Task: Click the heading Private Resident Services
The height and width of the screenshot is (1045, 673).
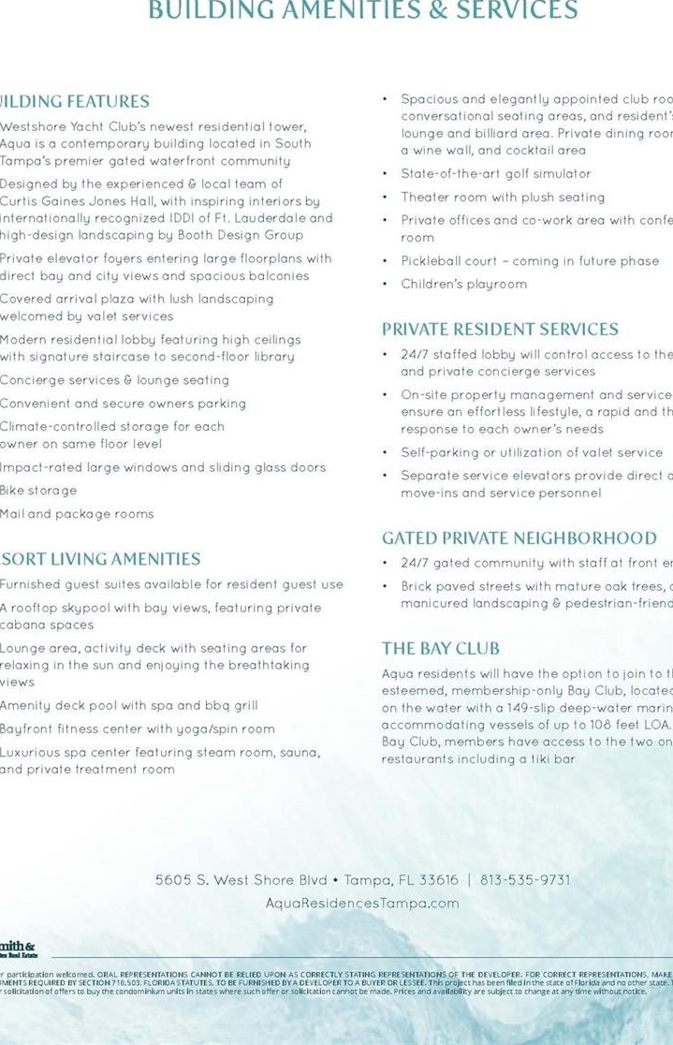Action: (500, 330)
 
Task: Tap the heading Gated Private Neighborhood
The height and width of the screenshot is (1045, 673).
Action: (519, 538)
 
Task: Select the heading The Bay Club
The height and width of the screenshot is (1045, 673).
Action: (440, 648)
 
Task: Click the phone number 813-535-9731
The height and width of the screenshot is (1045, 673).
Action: (524, 880)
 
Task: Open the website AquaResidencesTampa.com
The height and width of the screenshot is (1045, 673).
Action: (362, 904)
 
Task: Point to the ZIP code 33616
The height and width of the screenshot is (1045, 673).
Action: (438, 880)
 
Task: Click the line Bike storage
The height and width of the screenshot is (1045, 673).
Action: (38, 491)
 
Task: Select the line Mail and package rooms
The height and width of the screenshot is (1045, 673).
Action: (77, 514)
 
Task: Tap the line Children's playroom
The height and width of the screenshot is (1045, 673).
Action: (463, 284)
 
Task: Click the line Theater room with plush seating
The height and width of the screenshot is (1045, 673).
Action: (503, 198)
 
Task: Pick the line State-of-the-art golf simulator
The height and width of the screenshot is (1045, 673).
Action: (496, 174)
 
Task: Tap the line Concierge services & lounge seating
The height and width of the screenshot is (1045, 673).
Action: (114, 380)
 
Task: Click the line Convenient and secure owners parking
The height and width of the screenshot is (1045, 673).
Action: (123, 404)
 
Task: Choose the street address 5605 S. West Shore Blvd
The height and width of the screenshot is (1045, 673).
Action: (241, 880)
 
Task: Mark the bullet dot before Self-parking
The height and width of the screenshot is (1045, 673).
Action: (387, 453)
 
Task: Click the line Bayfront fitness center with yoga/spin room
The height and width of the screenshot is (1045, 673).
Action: (138, 729)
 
